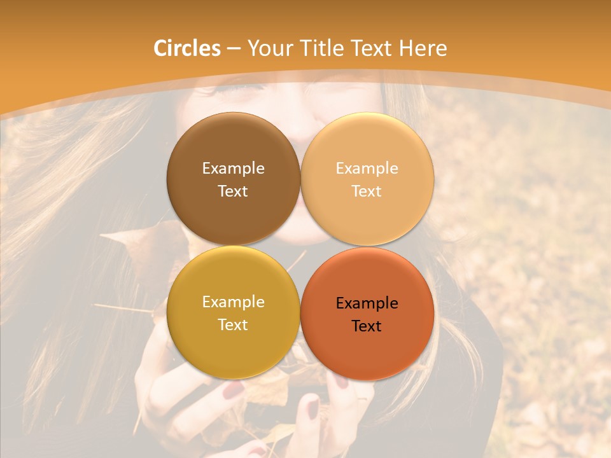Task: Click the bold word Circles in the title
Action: coord(187,48)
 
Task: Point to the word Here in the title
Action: coord(423,48)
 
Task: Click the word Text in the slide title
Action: coord(372,48)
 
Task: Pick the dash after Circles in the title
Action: coord(233,49)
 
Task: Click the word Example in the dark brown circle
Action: coord(233,168)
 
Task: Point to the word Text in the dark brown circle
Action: coord(233,191)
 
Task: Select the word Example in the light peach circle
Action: coord(367,168)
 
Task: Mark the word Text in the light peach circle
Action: coord(367,191)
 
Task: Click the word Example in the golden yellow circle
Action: coord(233,302)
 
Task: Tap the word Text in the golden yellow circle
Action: coord(233,324)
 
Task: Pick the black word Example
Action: coord(367,303)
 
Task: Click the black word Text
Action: coord(367,326)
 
